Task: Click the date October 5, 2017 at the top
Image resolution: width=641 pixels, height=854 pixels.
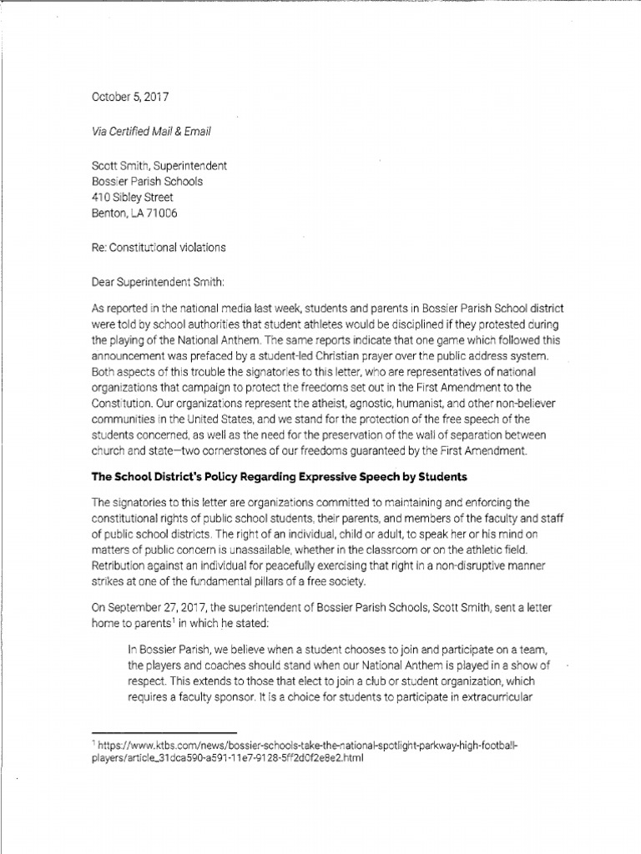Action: click(129, 97)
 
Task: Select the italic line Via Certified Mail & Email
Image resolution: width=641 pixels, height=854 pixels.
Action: click(151, 131)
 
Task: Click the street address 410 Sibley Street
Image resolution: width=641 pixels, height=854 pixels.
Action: click(132, 198)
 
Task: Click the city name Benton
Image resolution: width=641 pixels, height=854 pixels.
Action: click(108, 213)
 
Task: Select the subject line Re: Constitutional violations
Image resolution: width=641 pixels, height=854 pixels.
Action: click(158, 248)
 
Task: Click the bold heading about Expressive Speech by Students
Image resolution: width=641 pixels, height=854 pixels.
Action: click(280, 477)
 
